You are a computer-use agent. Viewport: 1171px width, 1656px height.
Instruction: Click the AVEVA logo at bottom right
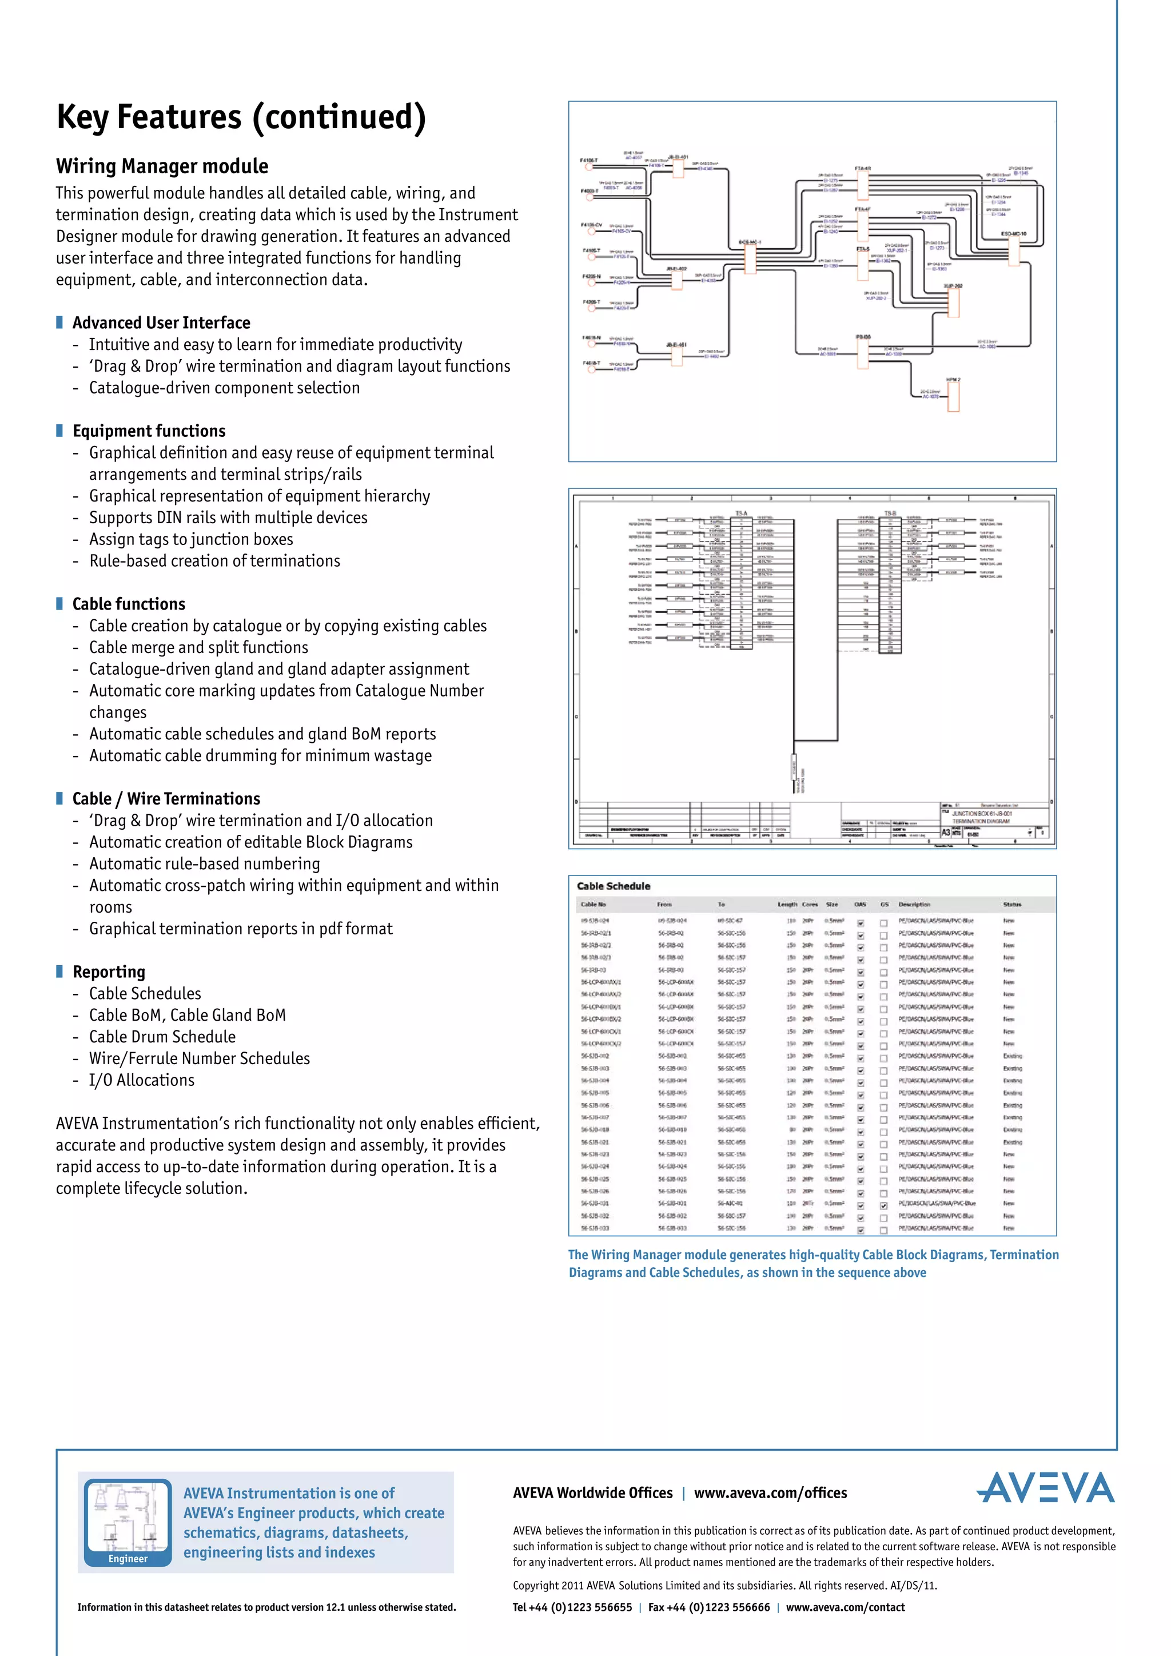tap(1046, 1487)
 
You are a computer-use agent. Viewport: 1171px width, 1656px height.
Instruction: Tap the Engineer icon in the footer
tap(128, 1522)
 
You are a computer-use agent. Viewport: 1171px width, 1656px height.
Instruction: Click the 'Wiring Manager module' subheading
tap(162, 166)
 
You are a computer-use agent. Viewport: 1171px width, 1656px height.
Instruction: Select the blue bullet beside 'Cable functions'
tap(60, 604)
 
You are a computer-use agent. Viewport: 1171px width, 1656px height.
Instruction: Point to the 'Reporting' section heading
tap(109, 972)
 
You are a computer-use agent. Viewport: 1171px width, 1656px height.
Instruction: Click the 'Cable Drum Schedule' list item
tap(162, 1037)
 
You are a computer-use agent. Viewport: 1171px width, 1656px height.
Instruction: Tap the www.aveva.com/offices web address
tap(770, 1493)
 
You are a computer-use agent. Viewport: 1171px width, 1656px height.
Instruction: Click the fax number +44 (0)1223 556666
tap(709, 1607)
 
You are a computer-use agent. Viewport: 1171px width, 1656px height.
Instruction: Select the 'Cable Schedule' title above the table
tap(614, 886)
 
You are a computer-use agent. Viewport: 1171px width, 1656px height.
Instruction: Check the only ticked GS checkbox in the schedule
tap(884, 1205)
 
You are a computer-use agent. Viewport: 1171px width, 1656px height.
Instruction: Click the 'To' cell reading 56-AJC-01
tap(730, 1204)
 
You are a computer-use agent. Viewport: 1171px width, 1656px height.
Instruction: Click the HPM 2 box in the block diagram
tap(953, 396)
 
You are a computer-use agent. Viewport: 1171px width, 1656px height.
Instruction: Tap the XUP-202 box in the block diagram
tap(954, 302)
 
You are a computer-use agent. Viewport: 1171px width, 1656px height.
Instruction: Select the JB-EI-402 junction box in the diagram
tap(676, 278)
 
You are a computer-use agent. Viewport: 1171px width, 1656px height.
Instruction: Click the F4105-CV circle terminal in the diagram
tap(591, 232)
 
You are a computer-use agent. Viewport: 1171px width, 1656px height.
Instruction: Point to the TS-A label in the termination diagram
tap(741, 513)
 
